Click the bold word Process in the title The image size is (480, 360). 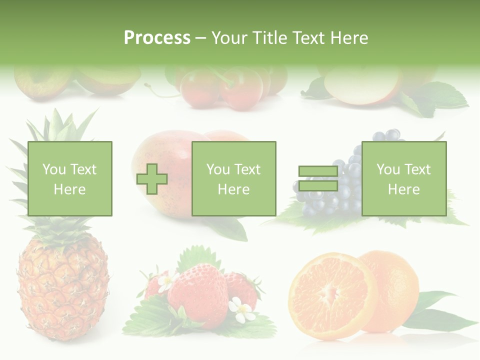tap(157, 38)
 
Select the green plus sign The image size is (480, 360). tap(152, 178)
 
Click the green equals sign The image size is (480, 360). tap(318, 178)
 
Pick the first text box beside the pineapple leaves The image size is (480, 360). tap(69, 178)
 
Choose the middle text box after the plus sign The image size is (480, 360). tap(233, 178)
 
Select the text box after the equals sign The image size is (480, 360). tap(403, 178)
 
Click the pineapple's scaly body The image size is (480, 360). tap(62, 290)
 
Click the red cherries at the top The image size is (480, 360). tap(220, 87)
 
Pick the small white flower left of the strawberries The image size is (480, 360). tap(165, 282)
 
